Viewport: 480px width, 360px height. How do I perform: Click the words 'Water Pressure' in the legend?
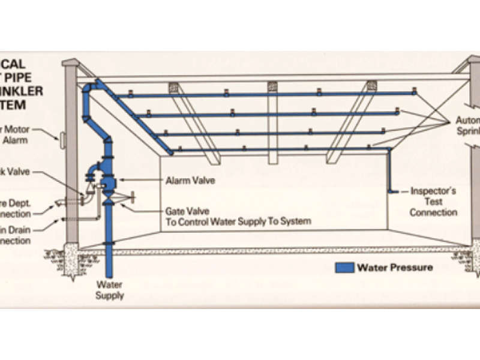point(394,267)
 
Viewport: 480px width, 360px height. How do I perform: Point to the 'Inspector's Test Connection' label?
point(433,202)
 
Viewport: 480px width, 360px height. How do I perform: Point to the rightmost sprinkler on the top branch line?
point(414,91)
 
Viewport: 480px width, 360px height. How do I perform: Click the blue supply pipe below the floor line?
point(109,264)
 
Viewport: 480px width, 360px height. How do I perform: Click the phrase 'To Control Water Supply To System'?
point(238,221)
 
